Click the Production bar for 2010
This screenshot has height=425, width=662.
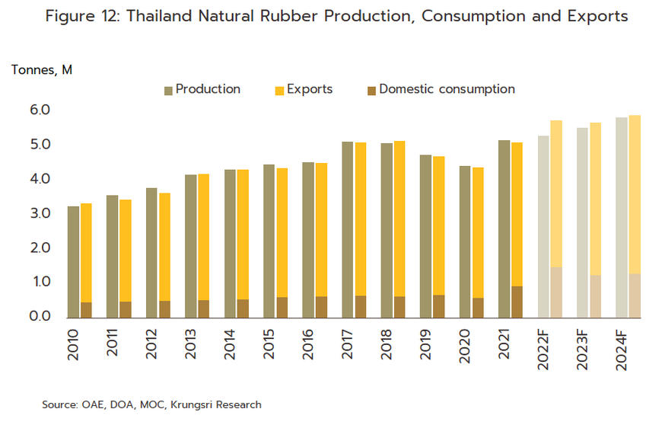73,261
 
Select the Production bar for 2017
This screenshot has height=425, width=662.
347,229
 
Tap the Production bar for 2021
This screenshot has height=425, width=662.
504,228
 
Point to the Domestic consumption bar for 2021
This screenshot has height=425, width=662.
517,302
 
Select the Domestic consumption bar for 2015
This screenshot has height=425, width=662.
282,307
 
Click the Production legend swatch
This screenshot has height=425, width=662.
168,91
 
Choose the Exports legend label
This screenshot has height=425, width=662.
310,89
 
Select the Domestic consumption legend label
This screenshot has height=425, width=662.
447,89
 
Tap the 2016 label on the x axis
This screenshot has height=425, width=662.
307,340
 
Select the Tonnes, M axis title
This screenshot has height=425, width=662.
42,70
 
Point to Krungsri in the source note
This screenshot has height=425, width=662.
201,404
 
